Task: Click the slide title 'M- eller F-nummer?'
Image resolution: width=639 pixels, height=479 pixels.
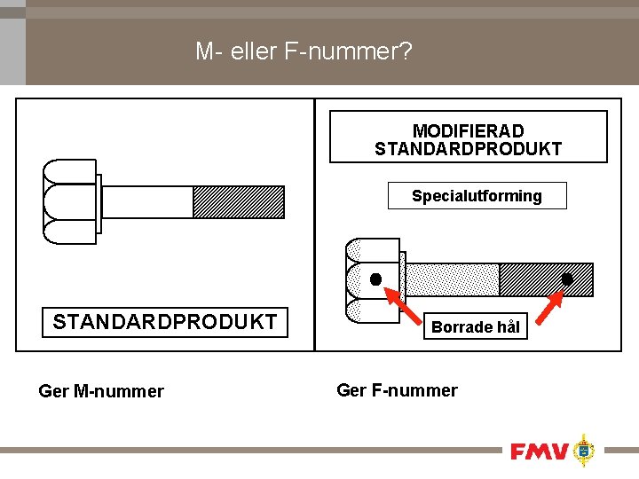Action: click(304, 52)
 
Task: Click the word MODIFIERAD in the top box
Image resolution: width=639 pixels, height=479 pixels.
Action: click(468, 131)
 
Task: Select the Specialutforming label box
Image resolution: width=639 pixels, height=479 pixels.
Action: click(477, 196)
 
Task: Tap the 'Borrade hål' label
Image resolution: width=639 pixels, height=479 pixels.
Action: click(475, 327)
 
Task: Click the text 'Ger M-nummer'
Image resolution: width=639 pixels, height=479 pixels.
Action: click(101, 391)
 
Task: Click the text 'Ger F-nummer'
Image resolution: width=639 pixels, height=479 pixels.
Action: click(397, 390)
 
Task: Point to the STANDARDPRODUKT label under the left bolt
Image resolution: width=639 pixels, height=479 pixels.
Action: click(165, 322)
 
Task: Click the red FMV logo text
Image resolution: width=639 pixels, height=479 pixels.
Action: click(539, 452)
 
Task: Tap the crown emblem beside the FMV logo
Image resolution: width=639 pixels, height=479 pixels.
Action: click(583, 451)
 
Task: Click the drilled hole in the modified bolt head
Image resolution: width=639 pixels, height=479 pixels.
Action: click(376, 279)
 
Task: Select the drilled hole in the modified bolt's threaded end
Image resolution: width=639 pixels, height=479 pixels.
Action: click(566, 279)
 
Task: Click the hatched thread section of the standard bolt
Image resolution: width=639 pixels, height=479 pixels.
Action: click(239, 202)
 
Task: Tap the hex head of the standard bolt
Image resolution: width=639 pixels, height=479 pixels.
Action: click(68, 202)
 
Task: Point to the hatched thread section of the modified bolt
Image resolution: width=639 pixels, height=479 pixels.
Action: click(532, 279)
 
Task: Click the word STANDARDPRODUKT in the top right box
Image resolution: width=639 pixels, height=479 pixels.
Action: click(468, 149)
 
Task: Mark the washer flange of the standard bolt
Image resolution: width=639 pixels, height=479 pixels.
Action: click(99, 202)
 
